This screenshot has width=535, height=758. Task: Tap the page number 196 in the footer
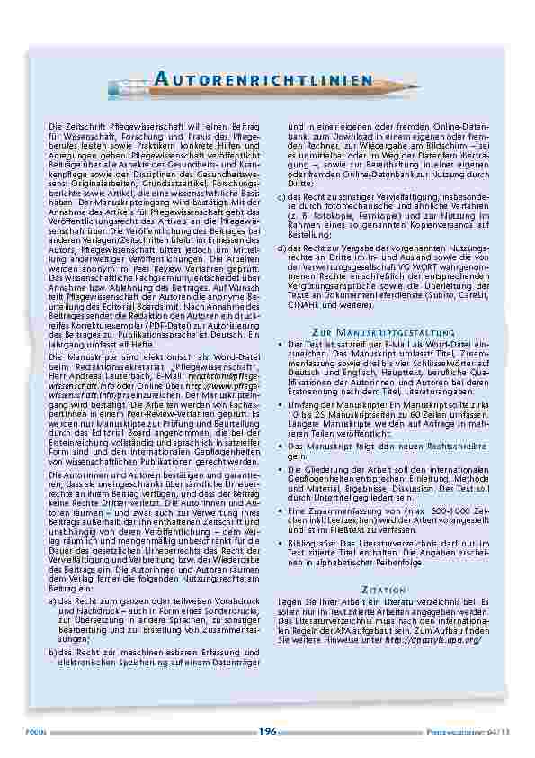(267, 732)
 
